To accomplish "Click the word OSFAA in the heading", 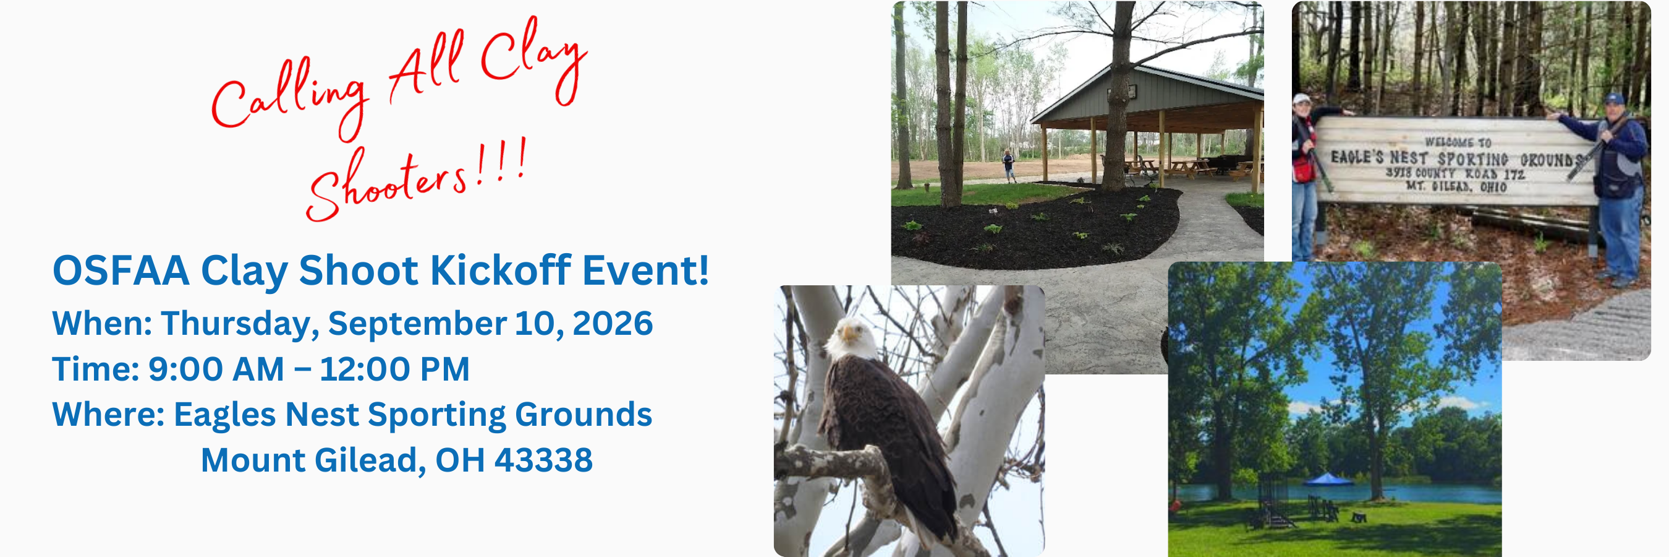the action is (121, 270).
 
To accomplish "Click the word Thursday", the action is (240, 324).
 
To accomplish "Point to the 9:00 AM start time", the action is (216, 369).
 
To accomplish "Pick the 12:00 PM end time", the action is (394, 369).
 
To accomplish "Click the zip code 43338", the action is (543, 460).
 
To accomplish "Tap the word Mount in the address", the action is (253, 460).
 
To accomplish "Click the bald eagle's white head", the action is (849, 337).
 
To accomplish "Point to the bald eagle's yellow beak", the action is (847, 335).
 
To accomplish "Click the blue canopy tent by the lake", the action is (1328, 479).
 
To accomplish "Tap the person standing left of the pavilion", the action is (1009, 166).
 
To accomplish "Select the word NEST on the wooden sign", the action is (1408, 158).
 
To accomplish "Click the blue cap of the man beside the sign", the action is (1615, 98).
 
